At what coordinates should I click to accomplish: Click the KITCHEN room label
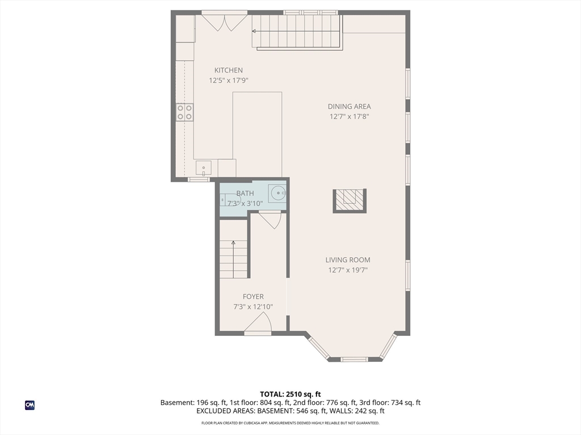coord(229,70)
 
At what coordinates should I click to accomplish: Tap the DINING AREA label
coord(349,106)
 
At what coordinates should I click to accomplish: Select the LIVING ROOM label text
coord(348,260)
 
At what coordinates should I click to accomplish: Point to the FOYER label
coord(253,297)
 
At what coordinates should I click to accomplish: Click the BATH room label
coord(245,193)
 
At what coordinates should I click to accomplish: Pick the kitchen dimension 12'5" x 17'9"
coord(229,80)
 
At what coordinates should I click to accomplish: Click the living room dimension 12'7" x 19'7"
coord(348,270)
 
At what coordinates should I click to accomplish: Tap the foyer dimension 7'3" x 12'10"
coord(253,306)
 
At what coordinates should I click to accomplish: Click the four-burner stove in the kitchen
coord(184,113)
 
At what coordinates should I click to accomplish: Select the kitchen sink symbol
coord(204,168)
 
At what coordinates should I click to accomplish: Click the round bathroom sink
coord(277,193)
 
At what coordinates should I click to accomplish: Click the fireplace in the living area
coord(350,201)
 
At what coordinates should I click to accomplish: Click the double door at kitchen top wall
coord(225,23)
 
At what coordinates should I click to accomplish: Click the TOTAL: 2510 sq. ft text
coord(290,394)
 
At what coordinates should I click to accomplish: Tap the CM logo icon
coord(30,405)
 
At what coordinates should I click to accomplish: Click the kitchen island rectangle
coord(257,135)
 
